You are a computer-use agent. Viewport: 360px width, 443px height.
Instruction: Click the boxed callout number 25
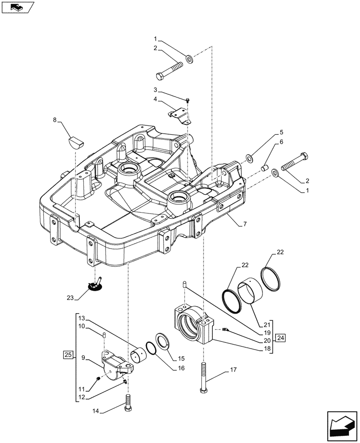point(67,354)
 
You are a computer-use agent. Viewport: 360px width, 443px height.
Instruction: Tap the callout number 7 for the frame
point(245,225)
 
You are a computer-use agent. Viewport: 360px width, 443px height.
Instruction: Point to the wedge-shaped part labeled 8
point(76,143)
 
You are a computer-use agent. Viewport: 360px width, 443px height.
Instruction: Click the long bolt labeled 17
point(203,376)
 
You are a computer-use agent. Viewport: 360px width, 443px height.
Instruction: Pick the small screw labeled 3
point(188,101)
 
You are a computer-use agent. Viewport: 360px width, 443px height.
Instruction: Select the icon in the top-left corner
point(18,8)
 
